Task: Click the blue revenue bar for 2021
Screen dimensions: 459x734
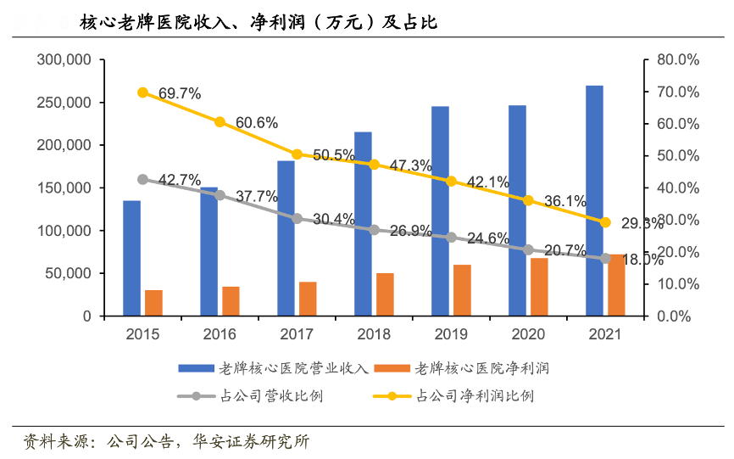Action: click(594, 200)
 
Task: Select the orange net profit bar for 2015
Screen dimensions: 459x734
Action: click(153, 303)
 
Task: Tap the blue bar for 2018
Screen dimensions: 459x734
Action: click(363, 224)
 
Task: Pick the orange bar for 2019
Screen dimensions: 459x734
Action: click(462, 290)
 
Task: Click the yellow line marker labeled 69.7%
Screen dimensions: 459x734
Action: click(142, 92)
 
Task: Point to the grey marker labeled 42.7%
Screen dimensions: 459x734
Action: click(142, 179)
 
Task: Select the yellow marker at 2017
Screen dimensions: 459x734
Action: click(297, 154)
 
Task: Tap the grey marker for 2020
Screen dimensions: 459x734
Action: click(528, 249)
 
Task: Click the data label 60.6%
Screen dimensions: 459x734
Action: click(257, 122)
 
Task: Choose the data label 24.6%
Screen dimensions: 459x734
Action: click(488, 238)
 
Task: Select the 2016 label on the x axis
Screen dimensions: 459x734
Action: click(220, 334)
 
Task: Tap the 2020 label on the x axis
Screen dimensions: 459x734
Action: click(528, 334)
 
